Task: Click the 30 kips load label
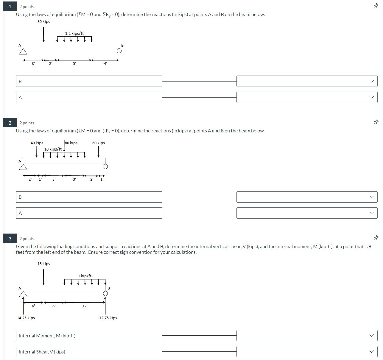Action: coord(44,21)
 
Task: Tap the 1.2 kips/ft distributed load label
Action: coord(74,33)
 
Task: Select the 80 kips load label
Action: coord(71,143)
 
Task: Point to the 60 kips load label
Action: coord(99,143)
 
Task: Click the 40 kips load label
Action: coord(37,143)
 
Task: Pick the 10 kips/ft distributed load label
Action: coord(53,149)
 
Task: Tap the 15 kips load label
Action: coord(44,264)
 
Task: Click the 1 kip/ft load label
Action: coord(85,276)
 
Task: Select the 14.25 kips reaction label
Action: coord(26,318)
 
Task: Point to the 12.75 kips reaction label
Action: coord(108,318)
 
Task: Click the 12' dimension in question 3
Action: coord(85,306)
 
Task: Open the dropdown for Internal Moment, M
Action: coord(307,336)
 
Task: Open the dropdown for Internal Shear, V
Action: coord(307,352)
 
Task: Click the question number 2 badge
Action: coord(10,123)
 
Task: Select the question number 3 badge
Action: coord(10,239)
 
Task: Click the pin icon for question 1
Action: coord(376,6)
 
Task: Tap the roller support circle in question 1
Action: coord(119,51)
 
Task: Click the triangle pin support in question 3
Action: coord(23,294)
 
